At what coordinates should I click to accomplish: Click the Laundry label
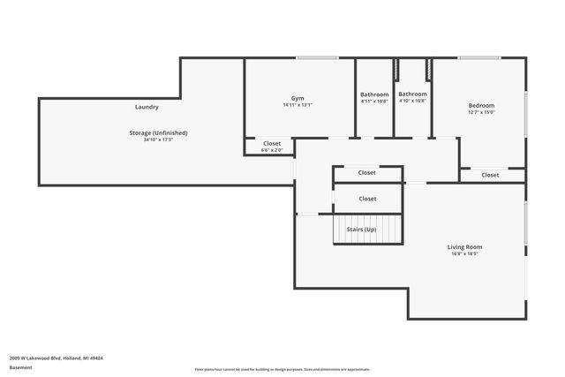coord(147,107)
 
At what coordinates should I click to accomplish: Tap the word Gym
coord(298,98)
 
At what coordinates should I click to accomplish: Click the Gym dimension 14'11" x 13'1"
coord(298,105)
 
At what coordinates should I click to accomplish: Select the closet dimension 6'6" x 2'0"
coord(272,150)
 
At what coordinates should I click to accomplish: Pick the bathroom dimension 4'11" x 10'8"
coord(374,102)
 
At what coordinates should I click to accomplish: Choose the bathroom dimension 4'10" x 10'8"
coord(412,101)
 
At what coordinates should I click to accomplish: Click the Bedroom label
coord(481,105)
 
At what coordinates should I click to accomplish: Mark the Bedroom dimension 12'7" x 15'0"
coord(481,112)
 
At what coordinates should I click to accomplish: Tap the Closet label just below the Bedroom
coord(490,175)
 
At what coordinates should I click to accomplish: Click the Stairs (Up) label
coord(361,229)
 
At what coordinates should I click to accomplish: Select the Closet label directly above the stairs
coord(367,199)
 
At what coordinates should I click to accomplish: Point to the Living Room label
coord(464,247)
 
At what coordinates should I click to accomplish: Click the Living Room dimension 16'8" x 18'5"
coord(464,254)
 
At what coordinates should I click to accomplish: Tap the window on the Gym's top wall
coord(316,58)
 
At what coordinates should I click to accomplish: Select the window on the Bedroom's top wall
coord(479,58)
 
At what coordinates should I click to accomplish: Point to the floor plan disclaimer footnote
coord(282,369)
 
